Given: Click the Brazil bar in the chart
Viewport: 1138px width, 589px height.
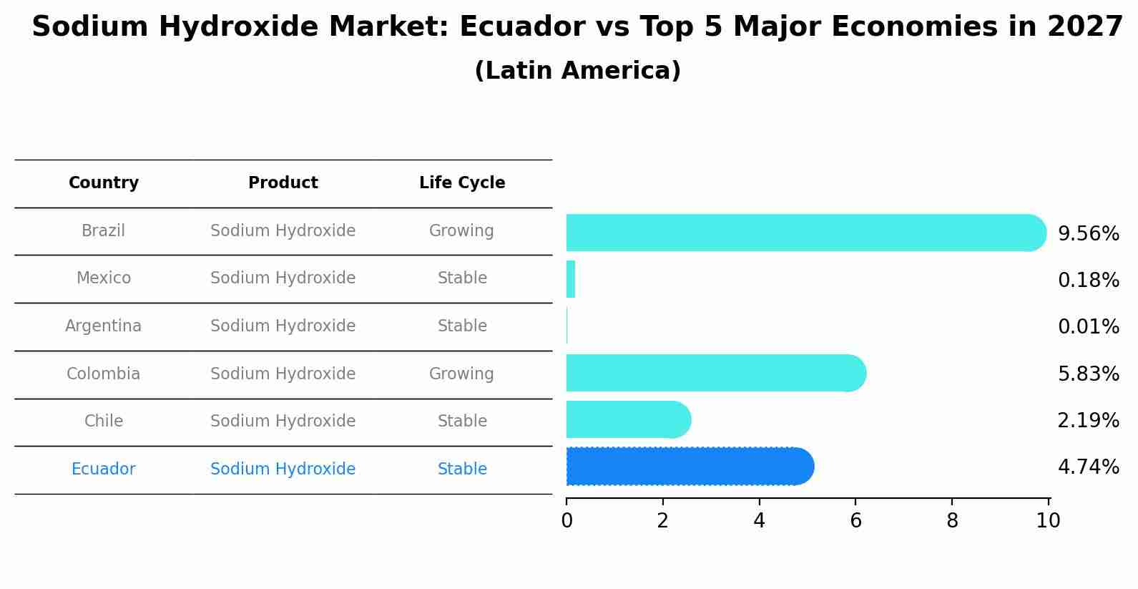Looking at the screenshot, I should [801, 233].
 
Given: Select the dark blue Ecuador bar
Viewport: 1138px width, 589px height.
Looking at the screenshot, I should [687, 467].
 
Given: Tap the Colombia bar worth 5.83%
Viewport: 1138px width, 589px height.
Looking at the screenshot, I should [715, 373].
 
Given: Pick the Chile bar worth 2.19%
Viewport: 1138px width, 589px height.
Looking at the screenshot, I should [627, 419].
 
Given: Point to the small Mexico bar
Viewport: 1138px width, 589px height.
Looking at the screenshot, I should [571, 279].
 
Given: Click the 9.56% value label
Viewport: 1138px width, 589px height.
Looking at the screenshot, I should [1088, 234].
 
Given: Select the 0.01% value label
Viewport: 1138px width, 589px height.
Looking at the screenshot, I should [1088, 327].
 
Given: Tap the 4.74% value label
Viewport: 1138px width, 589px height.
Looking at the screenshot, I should [1088, 467].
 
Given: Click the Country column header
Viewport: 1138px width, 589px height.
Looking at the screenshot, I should [104, 183].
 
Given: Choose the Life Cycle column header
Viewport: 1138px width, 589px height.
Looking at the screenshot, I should [462, 183].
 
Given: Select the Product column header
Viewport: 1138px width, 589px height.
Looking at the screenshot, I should [283, 183].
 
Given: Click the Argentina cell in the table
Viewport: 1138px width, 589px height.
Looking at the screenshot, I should [104, 326].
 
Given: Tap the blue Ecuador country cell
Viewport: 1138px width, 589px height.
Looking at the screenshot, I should [104, 469].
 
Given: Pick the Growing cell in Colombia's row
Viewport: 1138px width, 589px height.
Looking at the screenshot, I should [461, 374].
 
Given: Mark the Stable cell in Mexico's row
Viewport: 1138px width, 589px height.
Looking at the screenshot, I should [462, 278].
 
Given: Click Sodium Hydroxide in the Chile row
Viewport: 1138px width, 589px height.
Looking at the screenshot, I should [283, 422].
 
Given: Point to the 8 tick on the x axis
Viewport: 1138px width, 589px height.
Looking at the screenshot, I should [952, 521].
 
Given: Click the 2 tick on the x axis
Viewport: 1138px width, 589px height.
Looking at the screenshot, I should [663, 521].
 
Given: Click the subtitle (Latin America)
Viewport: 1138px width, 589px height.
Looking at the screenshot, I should [577, 71].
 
